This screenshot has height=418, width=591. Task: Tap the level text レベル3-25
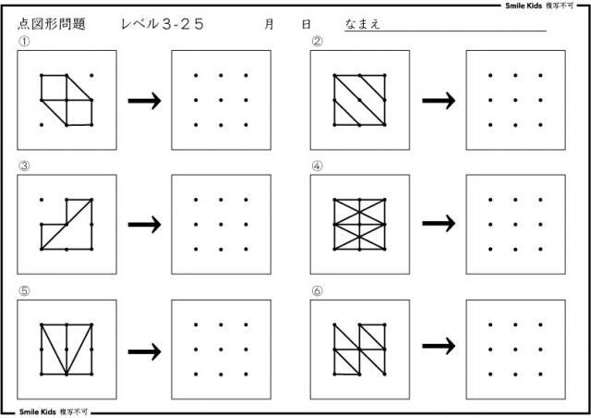pos(162,25)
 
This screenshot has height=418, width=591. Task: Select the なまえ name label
pos(362,25)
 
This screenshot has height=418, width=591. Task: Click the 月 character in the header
pos(269,26)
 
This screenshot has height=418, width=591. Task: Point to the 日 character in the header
pos(306,26)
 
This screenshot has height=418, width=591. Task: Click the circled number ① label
pos(22,42)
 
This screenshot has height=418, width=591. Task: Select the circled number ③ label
pos(22,166)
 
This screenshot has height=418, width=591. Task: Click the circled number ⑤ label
pos(22,290)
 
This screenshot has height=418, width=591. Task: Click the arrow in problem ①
pos(143,100)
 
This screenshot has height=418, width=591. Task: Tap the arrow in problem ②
pos(438,100)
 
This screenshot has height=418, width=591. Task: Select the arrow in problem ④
pos(438,224)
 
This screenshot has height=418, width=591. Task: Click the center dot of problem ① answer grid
pos(222,99)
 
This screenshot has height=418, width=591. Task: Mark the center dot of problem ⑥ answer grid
pos(515,349)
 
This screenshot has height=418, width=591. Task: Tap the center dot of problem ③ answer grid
pos(222,224)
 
